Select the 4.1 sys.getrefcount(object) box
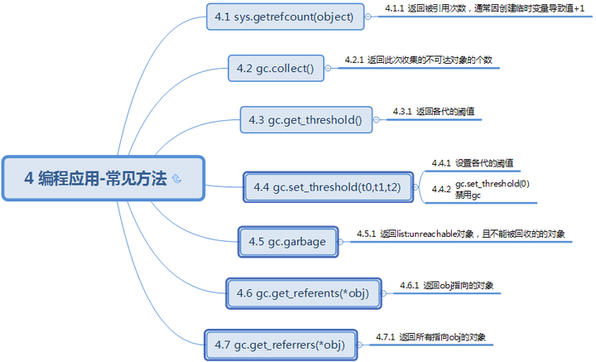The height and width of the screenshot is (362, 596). (x=283, y=16)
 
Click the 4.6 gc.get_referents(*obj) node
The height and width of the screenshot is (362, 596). (x=301, y=292)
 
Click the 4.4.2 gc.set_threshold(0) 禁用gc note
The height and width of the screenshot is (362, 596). (x=481, y=189)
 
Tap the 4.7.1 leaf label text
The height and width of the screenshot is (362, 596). (x=430, y=337)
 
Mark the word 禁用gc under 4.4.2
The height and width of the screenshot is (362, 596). (x=468, y=195)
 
